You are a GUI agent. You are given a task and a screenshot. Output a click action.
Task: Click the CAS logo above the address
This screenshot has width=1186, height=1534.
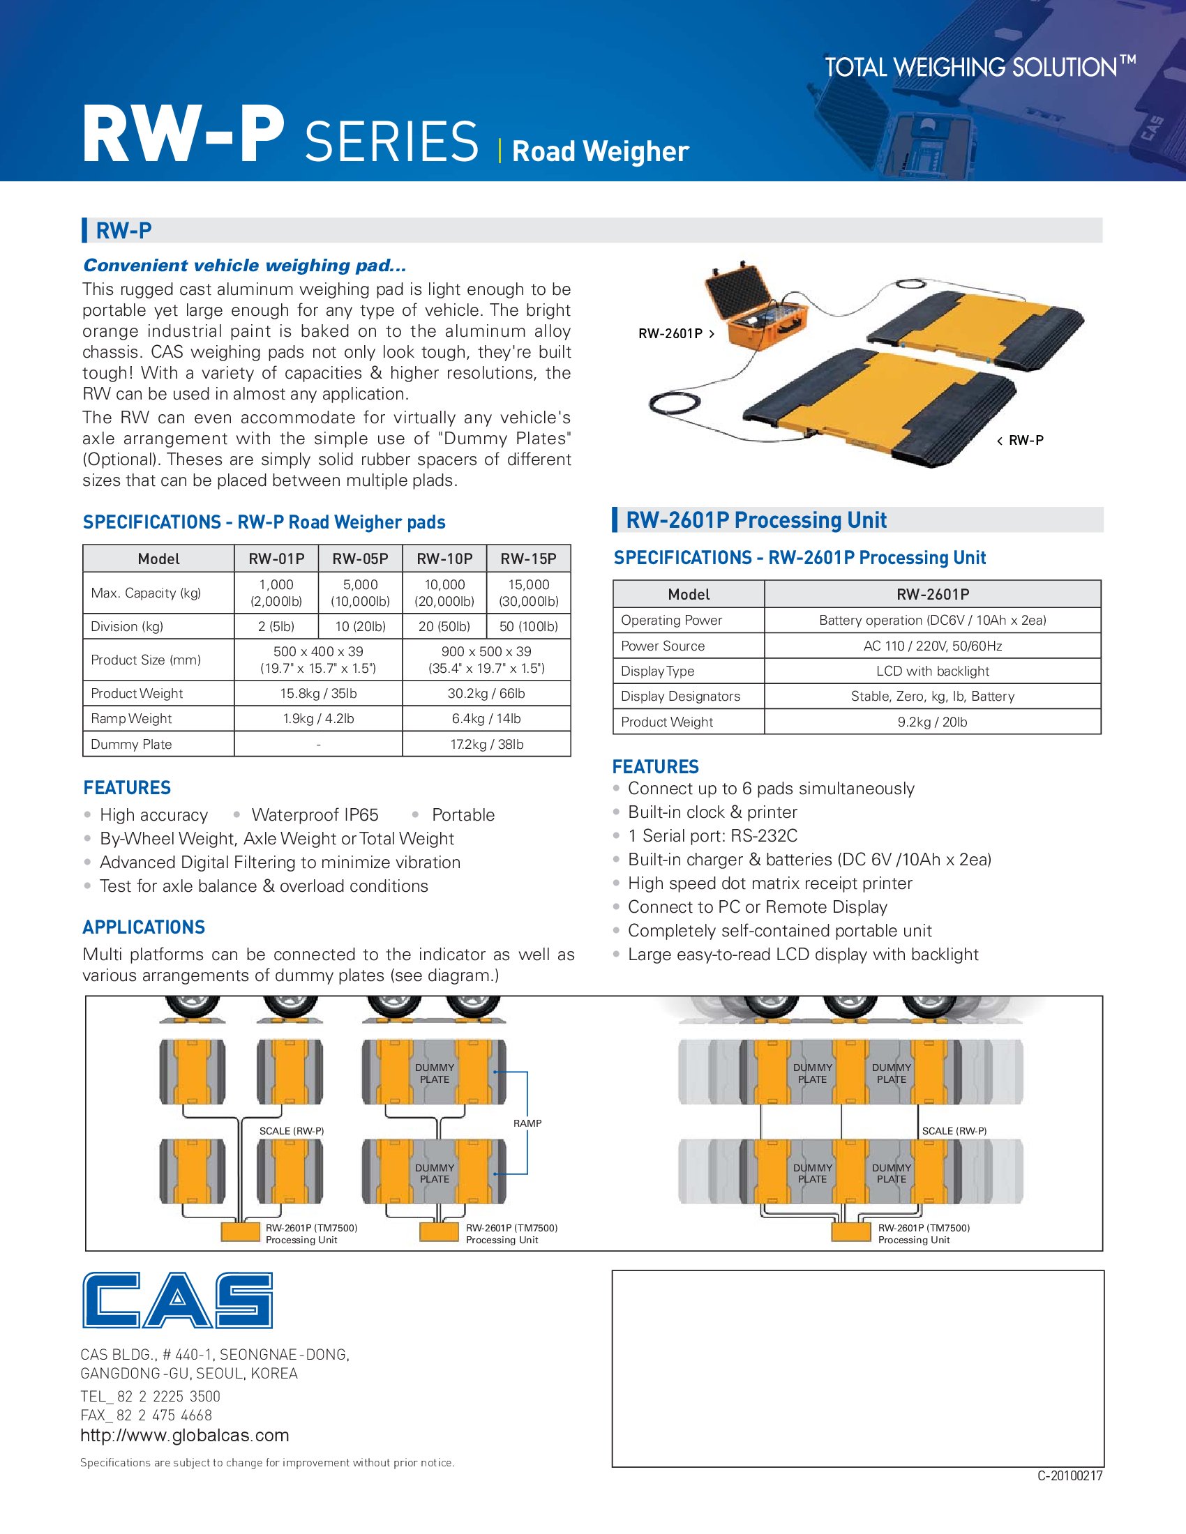tap(177, 1300)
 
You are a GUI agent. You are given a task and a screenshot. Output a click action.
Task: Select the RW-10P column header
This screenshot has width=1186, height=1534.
tap(444, 559)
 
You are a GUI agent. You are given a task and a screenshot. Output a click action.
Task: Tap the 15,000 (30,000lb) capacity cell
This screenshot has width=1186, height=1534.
tap(528, 593)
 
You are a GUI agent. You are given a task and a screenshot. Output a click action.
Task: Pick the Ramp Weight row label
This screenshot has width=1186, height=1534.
tap(131, 718)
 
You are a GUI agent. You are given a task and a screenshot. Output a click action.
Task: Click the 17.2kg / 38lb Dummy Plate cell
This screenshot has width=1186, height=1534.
tap(486, 745)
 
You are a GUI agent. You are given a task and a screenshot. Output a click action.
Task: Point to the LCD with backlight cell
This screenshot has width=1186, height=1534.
tap(932, 671)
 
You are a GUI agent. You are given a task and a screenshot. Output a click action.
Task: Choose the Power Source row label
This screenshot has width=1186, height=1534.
tap(663, 646)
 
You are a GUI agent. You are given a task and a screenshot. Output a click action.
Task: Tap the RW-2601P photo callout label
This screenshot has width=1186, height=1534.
tap(670, 333)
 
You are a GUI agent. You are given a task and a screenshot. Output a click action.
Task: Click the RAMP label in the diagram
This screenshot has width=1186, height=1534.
tap(527, 1123)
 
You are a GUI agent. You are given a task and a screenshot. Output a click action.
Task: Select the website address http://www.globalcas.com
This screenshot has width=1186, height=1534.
tap(185, 1435)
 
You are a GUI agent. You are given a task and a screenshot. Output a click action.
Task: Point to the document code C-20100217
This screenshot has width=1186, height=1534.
tap(1069, 1476)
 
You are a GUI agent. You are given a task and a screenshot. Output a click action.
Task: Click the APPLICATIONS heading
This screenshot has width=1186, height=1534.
tap(144, 927)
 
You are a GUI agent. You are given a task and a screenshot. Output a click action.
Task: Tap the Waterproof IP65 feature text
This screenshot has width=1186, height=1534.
tap(315, 814)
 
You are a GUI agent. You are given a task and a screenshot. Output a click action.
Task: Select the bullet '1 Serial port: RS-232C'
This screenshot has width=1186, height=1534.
tap(712, 836)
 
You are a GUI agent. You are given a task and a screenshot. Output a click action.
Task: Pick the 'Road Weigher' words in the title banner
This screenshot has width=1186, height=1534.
tap(600, 152)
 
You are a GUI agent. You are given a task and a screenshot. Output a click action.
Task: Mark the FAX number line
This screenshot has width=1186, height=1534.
tap(146, 1415)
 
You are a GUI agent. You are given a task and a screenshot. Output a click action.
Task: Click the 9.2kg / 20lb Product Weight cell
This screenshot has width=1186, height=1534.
tap(932, 722)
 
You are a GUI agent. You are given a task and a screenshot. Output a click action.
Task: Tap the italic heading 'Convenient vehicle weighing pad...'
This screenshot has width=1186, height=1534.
tap(244, 266)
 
